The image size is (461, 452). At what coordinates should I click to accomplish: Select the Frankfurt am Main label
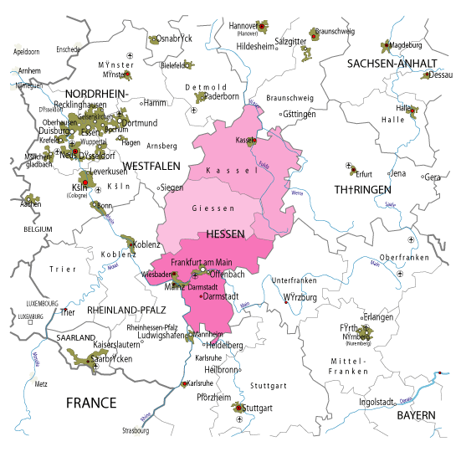pyautogui.click(x=200, y=262)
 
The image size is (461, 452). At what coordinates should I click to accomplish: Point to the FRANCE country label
pyautogui.click(x=91, y=403)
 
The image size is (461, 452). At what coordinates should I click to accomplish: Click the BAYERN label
pyautogui.click(x=416, y=415)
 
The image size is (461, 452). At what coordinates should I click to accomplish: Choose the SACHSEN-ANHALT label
pyautogui.click(x=392, y=63)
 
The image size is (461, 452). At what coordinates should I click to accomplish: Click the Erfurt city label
pyautogui.click(x=363, y=174)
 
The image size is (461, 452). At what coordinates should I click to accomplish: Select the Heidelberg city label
pyautogui.click(x=223, y=345)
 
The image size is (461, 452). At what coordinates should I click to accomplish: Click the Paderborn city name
pyautogui.click(x=222, y=96)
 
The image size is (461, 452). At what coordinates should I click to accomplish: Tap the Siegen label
pyautogui.click(x=172, y=187)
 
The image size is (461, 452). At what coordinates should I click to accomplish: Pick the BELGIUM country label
pyautogui.click(x=38, y=229)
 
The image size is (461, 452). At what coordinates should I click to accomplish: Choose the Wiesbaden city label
pyautogui.click(x=156, y=274)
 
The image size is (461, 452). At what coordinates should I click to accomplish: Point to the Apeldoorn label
pyautogui.click(x=27, y=52)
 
